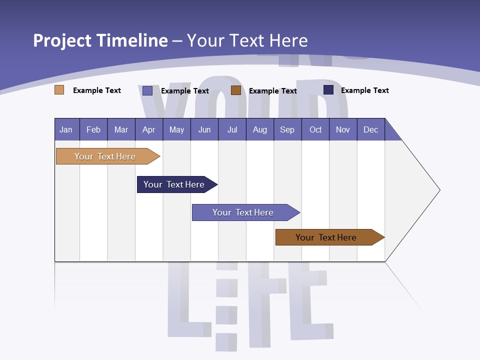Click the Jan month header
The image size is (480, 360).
click(x=66, y=129)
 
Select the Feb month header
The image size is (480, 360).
click(x=93, y=129)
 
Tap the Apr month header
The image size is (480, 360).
click(x=148, y=129)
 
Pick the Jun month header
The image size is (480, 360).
click(x=204, y=129)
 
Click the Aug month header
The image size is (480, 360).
click(x=259, y=129)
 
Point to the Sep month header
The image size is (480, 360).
click(x=287, y=129)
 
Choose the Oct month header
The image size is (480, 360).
click(x=315, y=129)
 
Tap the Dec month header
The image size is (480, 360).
click(x=370, y=129)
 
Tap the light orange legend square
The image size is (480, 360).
click(x=59, y=90)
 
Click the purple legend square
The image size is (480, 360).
click(x=147, y=90)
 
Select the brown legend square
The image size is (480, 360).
click(x=236, y=90)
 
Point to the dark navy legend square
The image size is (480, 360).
click(x=328, y=90)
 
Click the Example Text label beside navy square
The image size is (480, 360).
click(x=364, y=90)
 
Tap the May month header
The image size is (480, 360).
click(x=176, y=129)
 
